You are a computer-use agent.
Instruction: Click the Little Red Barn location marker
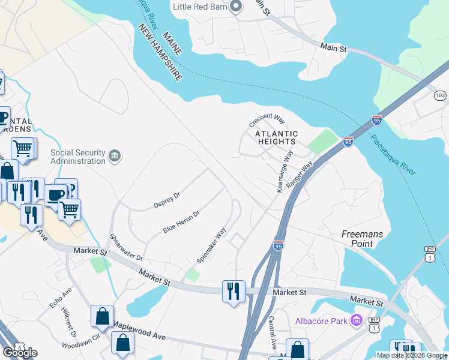[236, 7]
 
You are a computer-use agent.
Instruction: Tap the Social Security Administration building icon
[114, 157]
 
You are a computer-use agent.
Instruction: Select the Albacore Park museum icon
[357, 321]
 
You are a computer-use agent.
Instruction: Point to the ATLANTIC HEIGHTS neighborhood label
[276, 137]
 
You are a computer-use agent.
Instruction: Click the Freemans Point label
[366, 239]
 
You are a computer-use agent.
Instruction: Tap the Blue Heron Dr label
[181, 222]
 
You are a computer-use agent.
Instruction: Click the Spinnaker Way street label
[211, 245]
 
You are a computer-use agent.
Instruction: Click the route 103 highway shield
[441, 95]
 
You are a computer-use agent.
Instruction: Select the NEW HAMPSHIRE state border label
[160, 53]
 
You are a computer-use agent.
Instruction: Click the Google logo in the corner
[20, 353]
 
